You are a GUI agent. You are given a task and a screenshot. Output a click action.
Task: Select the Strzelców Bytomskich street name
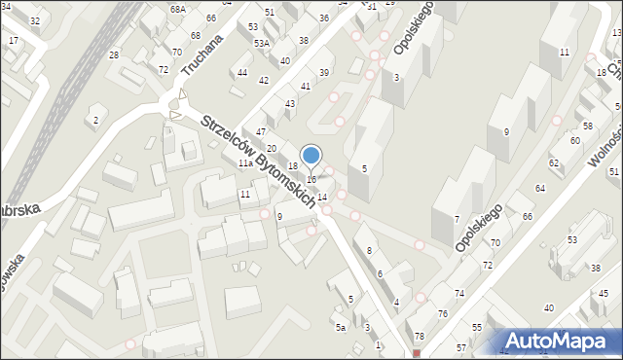(258, 161)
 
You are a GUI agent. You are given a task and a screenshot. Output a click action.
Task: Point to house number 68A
(177, 9)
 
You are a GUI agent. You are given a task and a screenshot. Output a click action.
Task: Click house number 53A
(262, 44)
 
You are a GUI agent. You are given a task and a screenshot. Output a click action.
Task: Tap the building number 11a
(246, 164)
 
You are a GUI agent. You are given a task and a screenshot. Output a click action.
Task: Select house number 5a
(341, 328)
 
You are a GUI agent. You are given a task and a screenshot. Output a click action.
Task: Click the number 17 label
(14, 41)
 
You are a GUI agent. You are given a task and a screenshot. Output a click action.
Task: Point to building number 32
(35, 20)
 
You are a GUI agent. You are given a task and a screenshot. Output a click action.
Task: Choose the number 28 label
(114, 55)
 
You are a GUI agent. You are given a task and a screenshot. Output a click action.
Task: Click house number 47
(261, 131)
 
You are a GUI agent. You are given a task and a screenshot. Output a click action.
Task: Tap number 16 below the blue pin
(311, 180)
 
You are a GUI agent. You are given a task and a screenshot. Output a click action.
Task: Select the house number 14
(322, 198)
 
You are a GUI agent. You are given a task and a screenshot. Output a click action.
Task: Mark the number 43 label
(290, 104)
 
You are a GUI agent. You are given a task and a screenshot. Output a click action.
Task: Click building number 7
(457, 219)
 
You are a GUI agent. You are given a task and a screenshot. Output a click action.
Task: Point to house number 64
(539, 188)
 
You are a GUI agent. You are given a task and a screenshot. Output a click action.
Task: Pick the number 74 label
(459, 293)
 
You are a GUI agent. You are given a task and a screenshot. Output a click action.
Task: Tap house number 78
(420, 337)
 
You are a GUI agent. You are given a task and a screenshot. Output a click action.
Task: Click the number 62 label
(554, 162)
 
